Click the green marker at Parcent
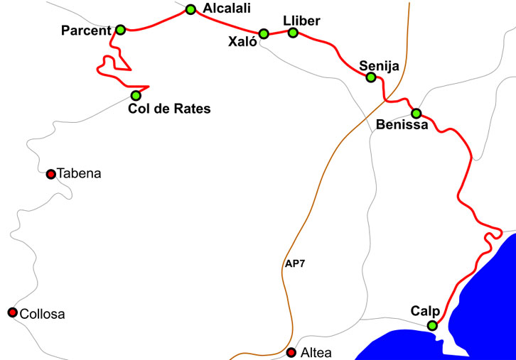pos(120,29)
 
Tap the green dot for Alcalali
pos(190,9)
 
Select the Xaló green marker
pos(264,33)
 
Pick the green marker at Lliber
pos(293,32)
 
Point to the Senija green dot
pos(370,77)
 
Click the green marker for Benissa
pos(416,113)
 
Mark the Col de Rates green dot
pos(136,95)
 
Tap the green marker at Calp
pos(432,325)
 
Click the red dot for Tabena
pos(50,174)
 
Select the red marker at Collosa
pos(12,312)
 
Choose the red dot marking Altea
pos(291,352)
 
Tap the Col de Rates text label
pos(170,109)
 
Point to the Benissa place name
pos(402,126)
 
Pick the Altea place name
pos(316,353)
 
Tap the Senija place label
pos(380,65)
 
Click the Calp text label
pos(425,311)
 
